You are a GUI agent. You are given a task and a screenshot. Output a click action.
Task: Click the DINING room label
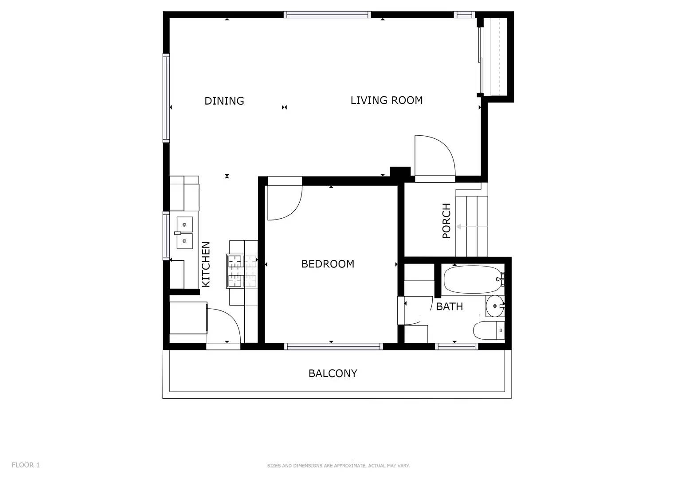pos(224,101)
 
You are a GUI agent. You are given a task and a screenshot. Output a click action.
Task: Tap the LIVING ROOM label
pos(386,101)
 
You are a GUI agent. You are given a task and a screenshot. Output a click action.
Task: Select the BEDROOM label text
pos(328,264)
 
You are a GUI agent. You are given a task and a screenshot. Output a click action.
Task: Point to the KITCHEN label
pos(206,264)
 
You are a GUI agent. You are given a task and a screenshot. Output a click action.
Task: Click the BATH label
pos(449,306)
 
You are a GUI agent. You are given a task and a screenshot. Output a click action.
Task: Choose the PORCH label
pos(446,221)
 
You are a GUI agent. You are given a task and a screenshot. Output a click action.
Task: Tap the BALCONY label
pos(333,373)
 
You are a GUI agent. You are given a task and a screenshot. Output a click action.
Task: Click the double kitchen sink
pos(184,233)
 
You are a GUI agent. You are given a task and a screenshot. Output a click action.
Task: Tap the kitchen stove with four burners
pos(242,271)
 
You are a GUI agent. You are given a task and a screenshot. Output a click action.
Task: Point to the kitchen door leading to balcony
pos(224,326)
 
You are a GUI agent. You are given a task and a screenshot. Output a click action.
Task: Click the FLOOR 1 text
pos(26,465)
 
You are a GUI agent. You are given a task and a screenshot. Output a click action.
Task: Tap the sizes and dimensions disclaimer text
pos(338,466)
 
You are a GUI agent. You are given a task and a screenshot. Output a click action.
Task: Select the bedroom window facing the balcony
pos(333,346)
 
